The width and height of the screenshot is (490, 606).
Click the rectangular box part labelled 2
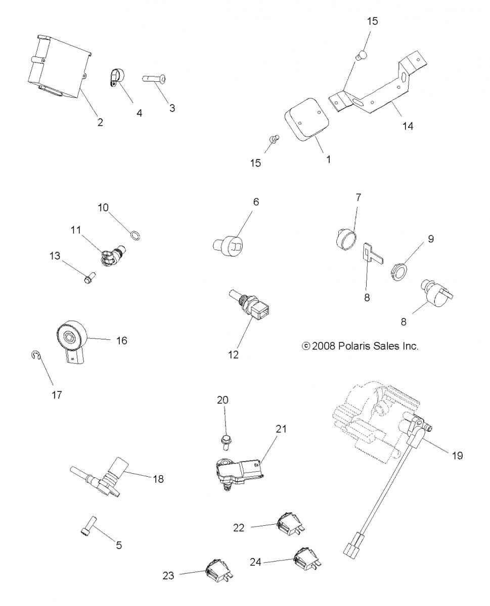coord(57,67)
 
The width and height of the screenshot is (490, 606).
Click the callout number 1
coord(328,159)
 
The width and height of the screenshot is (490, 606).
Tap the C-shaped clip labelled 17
coord(35,357)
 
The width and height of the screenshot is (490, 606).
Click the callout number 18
coord(158,479)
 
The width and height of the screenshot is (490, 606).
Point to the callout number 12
coord(234,355)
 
